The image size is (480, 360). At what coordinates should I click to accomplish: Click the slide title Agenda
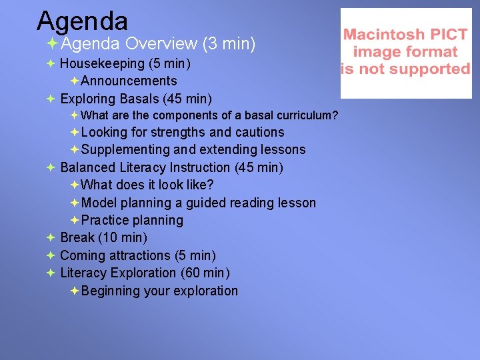coord(82,21)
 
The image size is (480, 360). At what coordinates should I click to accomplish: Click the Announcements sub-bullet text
coord(129,81)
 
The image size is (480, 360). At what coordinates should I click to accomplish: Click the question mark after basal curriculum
coord(335,115)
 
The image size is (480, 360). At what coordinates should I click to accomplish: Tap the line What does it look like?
coord(147,185)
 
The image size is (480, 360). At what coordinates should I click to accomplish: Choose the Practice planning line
coord(132,220)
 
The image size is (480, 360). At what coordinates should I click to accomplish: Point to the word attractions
coord(139,255)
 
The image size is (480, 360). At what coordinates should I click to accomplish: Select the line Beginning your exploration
coord(159,291)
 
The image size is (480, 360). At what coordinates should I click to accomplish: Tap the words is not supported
coord(405,69)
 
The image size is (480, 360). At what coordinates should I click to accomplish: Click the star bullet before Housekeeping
coord(51,64)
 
